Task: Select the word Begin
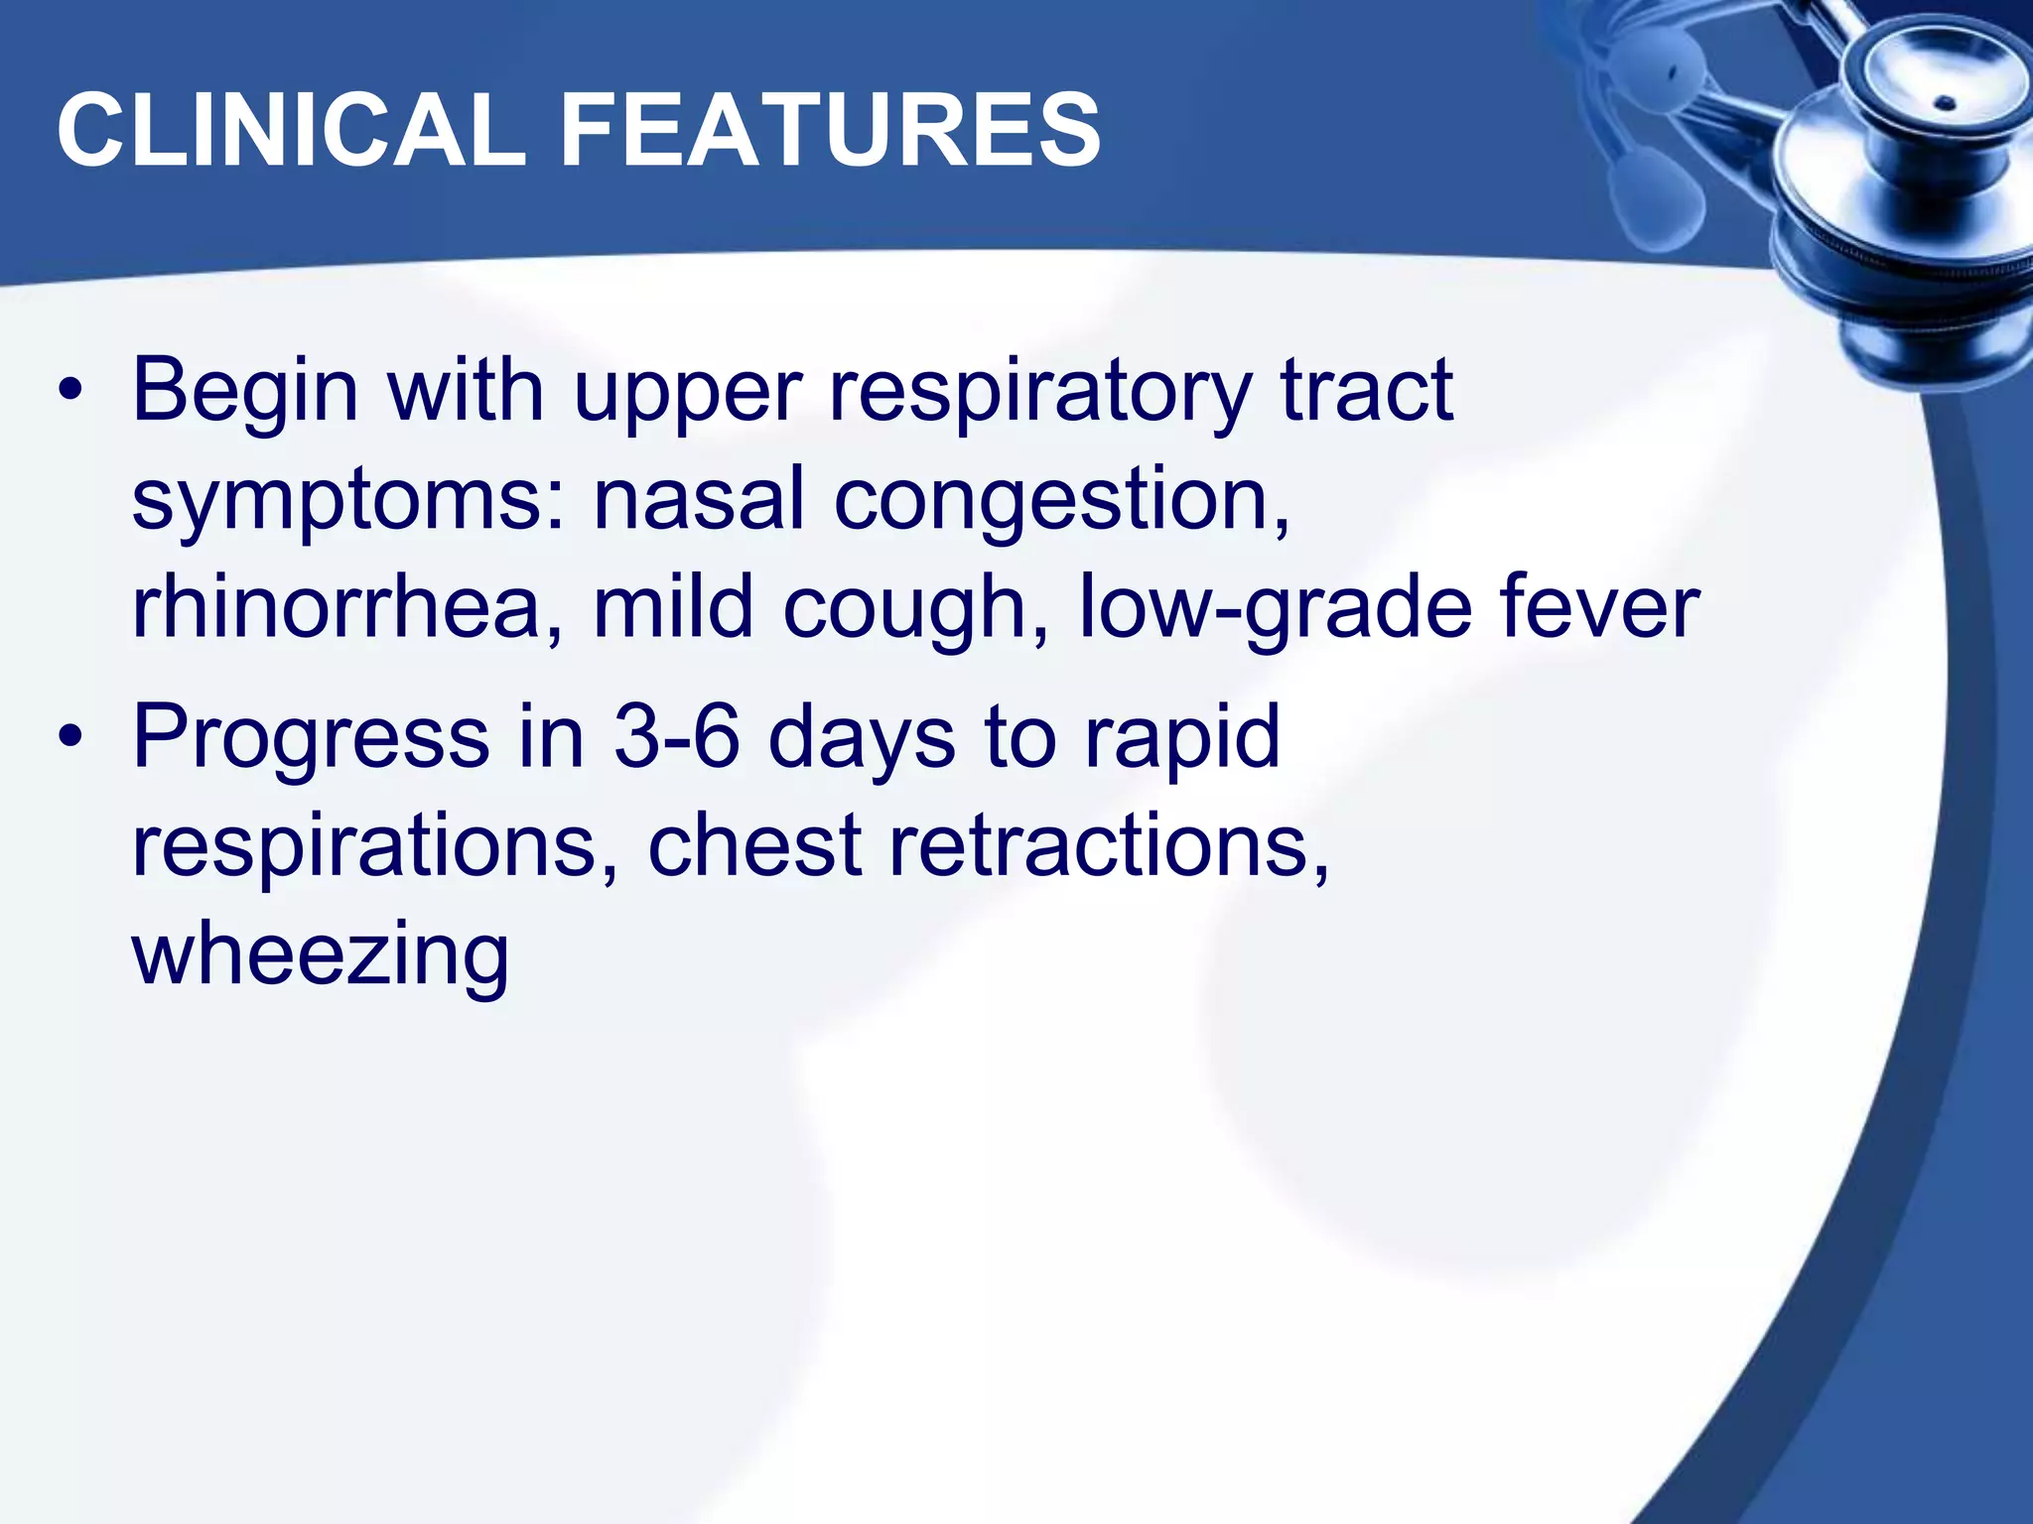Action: point(244,392)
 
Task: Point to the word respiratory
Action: point(1039,392)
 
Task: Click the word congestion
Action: point(1062,502)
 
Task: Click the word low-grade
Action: point(1276,609)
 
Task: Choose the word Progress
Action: point(311,738)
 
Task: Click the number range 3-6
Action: point(677,736)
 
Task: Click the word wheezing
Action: point(320,954)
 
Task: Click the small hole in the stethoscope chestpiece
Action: point(1946,102)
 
